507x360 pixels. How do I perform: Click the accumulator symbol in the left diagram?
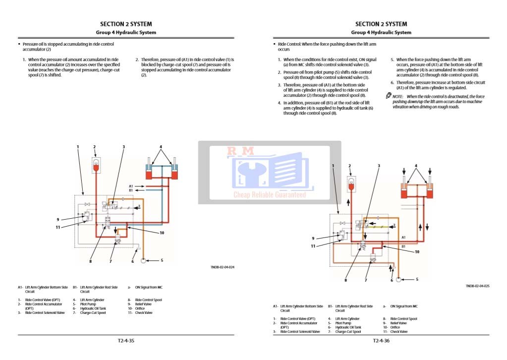click(95, 165)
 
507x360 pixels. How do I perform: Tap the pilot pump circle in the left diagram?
click(143, 260)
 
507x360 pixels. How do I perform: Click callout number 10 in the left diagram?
click(162, 233)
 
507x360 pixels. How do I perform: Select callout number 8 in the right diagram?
click(346, 280)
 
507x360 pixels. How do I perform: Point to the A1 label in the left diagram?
click(131, 186)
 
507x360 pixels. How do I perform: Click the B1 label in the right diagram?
click(403, 246)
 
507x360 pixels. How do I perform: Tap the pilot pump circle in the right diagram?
click(399, 280)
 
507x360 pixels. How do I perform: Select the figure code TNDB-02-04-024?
click(222, 267)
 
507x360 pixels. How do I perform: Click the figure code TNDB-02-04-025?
click(477, 286)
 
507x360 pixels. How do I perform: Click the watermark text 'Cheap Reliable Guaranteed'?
click(269, 195)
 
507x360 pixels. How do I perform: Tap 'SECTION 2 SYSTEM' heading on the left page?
click(126, 24)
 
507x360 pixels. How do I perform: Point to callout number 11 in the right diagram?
click(313, 246)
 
